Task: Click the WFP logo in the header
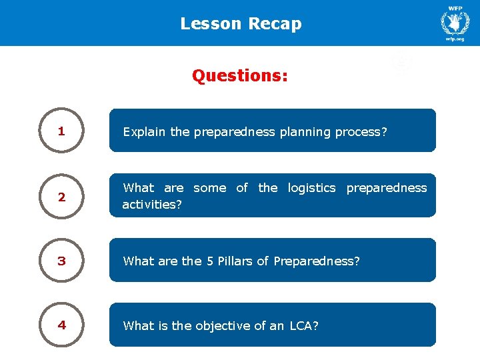point(455,22)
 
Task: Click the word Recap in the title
point(275,24)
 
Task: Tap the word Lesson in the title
point(211,24)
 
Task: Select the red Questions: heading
point(240,75)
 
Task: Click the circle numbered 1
point(61,131)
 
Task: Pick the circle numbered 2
point(61,197)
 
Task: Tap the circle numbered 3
point(61,261)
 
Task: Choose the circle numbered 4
point(61,325)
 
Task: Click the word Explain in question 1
point(145,132)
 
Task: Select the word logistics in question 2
point(311,188)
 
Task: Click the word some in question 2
point(209,188)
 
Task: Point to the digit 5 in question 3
point(209,261)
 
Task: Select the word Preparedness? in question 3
point(317,261)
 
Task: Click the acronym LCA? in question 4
point(304,326)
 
